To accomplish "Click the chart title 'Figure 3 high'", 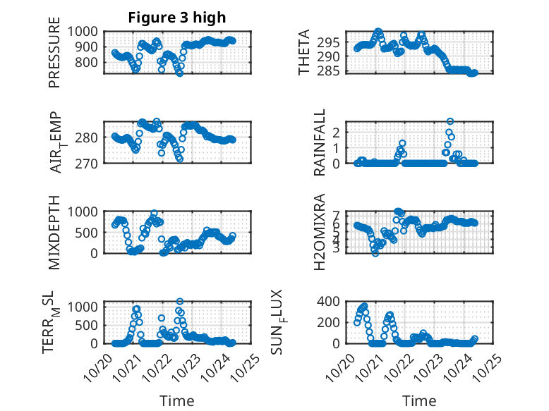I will (x=177, y=18).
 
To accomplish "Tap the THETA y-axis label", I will (x=304, y=52).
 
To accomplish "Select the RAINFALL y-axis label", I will (x=320, y=142).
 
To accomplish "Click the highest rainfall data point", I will (x=450, y=121).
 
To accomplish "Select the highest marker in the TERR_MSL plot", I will (x=180, y=302).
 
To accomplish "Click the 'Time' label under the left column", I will (x=177, y=400).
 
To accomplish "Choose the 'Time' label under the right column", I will (x=420, y=400).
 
